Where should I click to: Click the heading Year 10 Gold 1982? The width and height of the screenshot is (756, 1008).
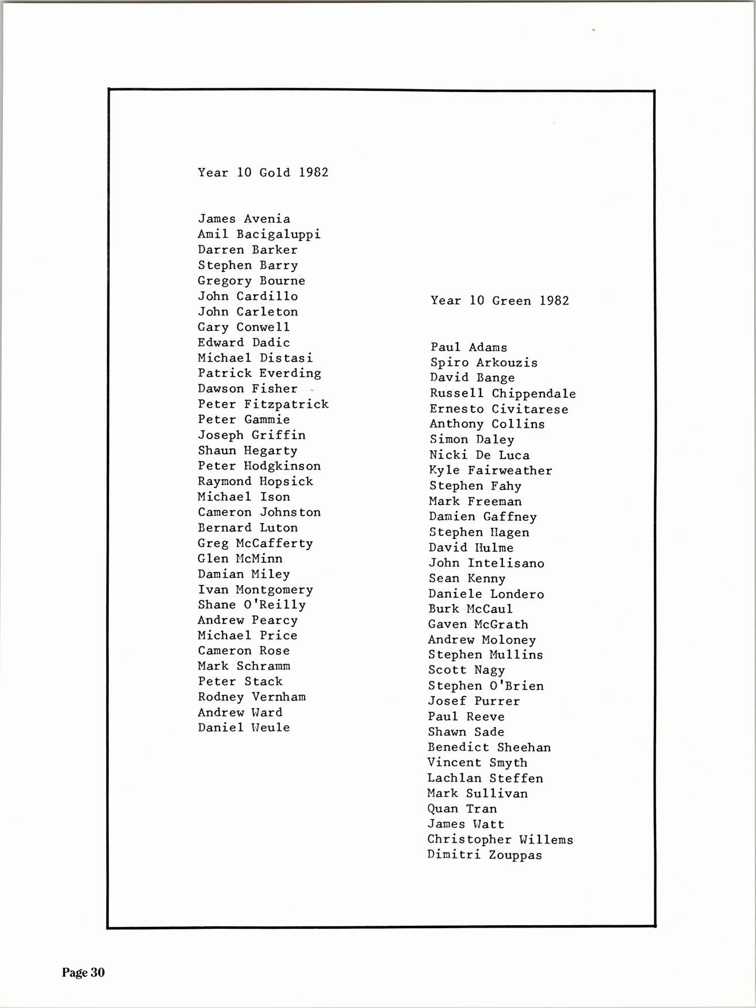(263, 172)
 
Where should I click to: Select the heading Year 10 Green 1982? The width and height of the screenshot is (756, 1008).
(500, 301)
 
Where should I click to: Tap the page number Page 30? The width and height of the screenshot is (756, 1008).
(83, 972)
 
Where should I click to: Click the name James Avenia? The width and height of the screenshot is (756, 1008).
(244, 219)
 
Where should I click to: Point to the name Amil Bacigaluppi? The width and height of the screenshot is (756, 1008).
(259, 234)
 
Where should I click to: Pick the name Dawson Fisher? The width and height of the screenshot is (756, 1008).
(247, 389)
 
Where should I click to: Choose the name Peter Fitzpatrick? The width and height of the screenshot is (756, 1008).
(263, 405)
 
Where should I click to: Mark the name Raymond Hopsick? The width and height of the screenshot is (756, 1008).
(255, 482)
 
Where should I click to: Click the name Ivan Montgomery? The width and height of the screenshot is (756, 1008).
(255, 590)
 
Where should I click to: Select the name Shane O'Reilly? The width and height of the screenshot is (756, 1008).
(251, 605)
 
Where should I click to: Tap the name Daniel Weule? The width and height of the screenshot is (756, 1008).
(244, 728)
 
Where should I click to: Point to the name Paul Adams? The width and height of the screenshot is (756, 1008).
(469, 348)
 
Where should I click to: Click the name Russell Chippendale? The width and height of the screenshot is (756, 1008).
(502, 394)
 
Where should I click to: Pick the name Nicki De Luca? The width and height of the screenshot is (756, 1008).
(479, 455)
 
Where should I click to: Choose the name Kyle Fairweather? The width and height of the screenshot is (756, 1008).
(490, 471)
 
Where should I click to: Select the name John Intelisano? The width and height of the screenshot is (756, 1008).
(486, 563)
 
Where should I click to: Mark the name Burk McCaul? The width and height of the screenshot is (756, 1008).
(470, 609)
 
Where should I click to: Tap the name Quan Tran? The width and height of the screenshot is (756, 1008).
(462, 809)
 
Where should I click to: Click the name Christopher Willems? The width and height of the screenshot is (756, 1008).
(500, 840)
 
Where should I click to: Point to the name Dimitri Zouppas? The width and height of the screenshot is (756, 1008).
(484, 855)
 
